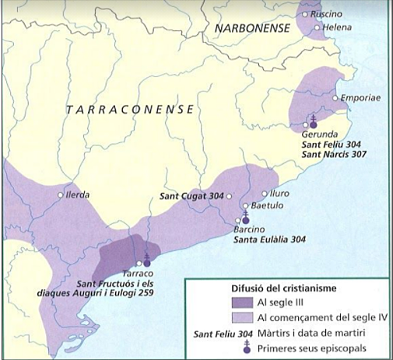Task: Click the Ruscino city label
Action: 326,15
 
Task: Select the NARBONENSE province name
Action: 253,29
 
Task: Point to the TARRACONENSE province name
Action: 129,110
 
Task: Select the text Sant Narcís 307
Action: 335,155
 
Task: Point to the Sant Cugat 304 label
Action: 192,196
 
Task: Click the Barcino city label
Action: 250,229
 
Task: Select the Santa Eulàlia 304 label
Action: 271,240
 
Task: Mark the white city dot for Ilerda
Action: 61,195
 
